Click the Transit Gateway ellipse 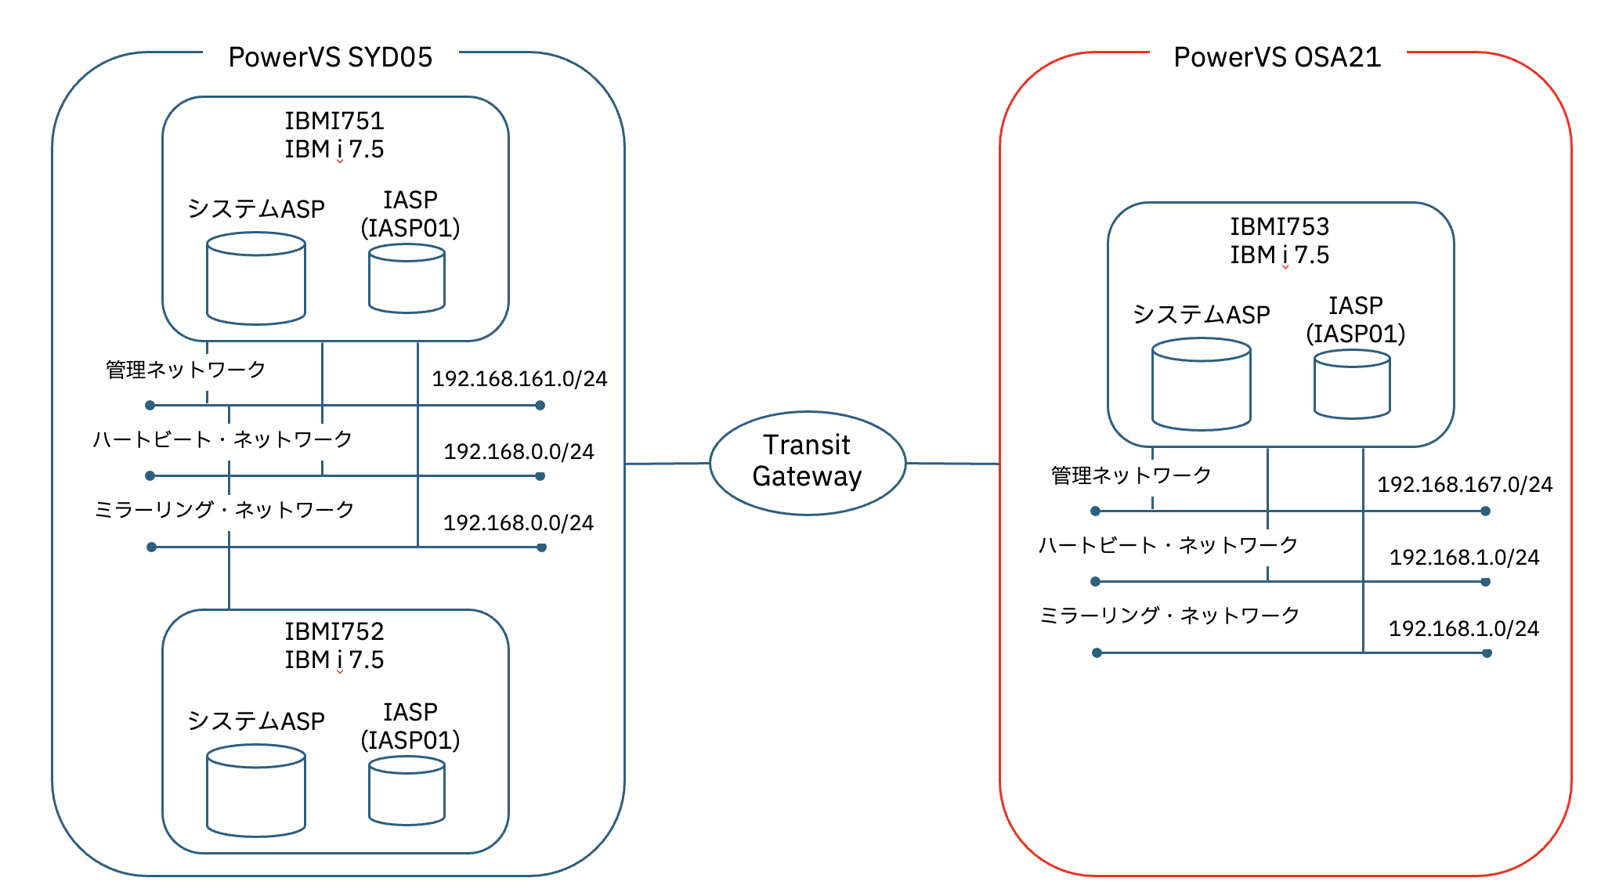click(x=808, y=463)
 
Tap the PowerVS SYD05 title click(x=330, y=57)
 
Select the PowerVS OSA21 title click(x=1277, y=57)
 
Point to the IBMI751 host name click(x=334, y=121)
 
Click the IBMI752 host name click(x=334, y=631)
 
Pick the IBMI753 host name click(x=1279, y=226)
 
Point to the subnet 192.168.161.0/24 click(x=519, y=379)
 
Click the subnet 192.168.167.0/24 click(x=1465, y=485)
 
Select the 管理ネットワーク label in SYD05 click(x=186, y=370)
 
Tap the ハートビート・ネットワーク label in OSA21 click(x=1168, y=545)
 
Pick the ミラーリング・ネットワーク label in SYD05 click(x=224, y=510)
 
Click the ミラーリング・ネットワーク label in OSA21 click(x=1169, y=616)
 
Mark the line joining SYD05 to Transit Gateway click(x=667, y=464)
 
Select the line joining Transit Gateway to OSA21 click(x=952, y=464)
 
